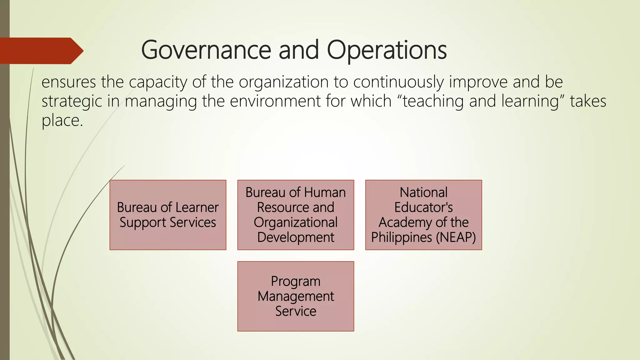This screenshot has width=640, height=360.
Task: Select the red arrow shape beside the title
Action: coord(41,51)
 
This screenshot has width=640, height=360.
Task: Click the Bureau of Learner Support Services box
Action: coord(168,215)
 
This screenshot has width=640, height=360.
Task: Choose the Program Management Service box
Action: coord(296,296)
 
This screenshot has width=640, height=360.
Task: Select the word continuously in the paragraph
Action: coord(398,82)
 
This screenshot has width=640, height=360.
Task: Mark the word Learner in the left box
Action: coord(197,207)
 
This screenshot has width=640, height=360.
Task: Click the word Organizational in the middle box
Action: coord(296,222)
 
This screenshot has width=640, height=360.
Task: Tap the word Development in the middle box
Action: coord(296,237)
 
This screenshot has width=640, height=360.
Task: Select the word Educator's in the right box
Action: coord(423,207)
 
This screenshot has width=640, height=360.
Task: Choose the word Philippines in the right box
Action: coord(401,237)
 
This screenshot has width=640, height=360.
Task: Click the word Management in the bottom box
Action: coord(296,296)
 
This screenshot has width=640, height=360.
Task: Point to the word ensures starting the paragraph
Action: coord(69,82)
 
